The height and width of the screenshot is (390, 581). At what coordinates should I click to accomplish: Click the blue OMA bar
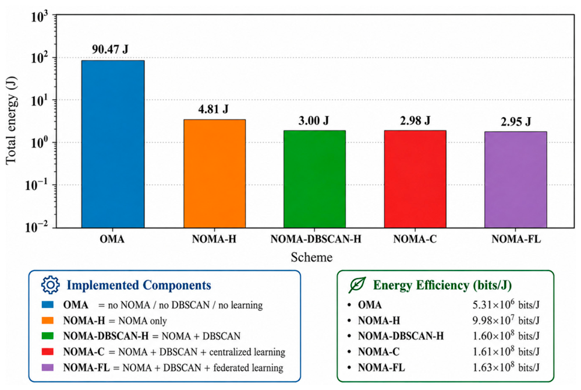[112, 144]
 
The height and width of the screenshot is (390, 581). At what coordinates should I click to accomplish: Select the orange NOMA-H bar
[215, 174]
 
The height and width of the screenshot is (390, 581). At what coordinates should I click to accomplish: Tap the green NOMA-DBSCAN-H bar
[314, 179]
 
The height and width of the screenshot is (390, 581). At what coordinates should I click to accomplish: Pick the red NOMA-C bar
[415, 179]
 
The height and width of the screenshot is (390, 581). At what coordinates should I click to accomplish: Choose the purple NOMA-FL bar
[515, 180]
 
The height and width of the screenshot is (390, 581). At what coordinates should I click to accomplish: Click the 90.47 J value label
[110, 49]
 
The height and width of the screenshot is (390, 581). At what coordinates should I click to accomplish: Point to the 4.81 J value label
[213, 109]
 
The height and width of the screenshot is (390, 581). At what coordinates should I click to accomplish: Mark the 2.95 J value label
[516, 121]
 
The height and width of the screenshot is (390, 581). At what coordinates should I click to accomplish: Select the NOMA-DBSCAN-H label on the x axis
[316, 239]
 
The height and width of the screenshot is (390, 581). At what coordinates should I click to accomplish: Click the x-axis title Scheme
[311, 257]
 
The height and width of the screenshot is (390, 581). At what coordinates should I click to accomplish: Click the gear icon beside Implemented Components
[51, 285]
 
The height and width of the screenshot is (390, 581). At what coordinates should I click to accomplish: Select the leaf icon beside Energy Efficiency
[357, 285]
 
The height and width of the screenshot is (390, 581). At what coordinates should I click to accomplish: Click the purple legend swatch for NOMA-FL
[47, 367]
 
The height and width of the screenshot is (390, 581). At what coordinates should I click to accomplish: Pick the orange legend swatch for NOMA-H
[47, 320]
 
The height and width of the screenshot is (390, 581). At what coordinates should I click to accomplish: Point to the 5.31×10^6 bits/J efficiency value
[506, 304]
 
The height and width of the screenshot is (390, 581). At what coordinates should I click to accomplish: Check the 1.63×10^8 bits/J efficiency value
[506, 367]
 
